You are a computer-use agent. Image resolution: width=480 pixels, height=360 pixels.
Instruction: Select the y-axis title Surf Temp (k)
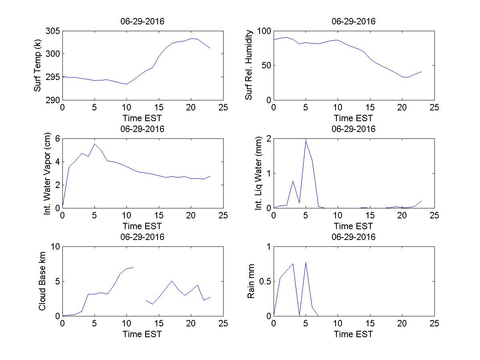point(38,66)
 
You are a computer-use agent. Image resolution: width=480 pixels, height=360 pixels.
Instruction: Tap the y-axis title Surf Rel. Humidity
point(249,65)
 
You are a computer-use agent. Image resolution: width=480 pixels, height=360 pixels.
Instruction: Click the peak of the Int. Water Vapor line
point(94,144)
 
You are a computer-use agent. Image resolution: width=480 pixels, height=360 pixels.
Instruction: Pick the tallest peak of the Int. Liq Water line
point(306,140)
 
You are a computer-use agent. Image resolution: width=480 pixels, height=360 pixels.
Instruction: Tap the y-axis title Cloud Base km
point(42,281)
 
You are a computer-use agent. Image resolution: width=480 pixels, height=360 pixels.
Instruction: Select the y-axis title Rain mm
point(251,281)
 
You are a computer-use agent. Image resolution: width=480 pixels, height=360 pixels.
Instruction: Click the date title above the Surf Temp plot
point(142,22)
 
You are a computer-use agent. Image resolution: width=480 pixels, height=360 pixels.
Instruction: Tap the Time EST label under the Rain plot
point(354,334)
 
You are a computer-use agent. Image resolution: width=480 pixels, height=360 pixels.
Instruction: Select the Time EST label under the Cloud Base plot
point(142,334)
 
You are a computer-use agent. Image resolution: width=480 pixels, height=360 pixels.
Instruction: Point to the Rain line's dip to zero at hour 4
point(299,315)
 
